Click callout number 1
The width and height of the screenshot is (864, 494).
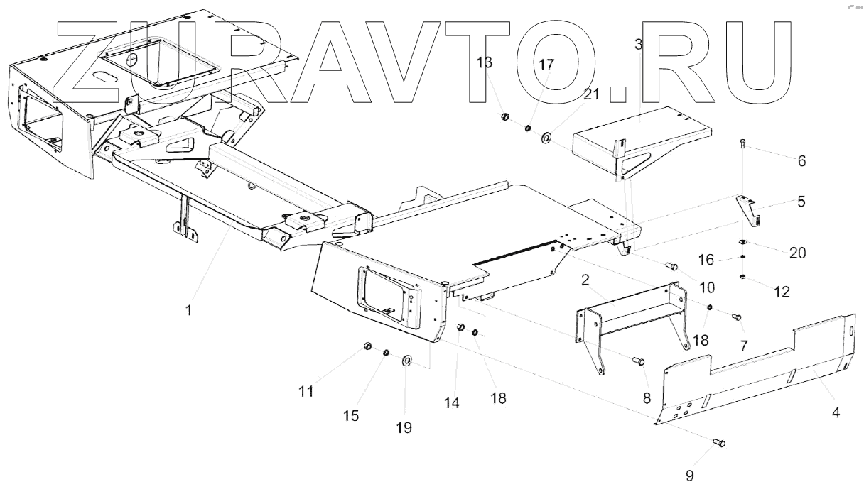tap(188, 310)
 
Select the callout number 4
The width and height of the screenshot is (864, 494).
tap(836, 411)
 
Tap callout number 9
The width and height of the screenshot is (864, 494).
tap(690, 476)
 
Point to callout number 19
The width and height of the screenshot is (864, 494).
tap(404, 427)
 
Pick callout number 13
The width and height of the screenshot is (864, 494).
tap(485, 62)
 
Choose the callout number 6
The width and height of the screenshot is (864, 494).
tap(801, 160)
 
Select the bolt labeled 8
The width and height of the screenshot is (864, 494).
tap(639, 362)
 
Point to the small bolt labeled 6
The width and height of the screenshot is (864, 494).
tap(742, 144)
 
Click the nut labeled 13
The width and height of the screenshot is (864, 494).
tap(505, 116)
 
